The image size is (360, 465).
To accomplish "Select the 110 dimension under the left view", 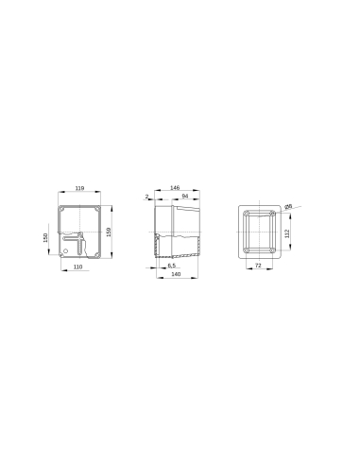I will click(77, 267).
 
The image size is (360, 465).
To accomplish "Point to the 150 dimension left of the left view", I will click(45, 237).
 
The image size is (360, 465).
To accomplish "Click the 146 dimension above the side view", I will click(175, 189).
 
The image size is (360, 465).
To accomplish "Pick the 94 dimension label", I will click(184, 197).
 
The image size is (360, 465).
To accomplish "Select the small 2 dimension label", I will click(147, 197).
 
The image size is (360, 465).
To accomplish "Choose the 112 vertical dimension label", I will click(287, 232).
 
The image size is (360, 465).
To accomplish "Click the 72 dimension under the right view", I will click(258, 267).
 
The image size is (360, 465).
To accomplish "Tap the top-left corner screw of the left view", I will click(61, 209).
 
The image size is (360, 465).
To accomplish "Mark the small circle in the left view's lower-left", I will click(64, 250).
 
